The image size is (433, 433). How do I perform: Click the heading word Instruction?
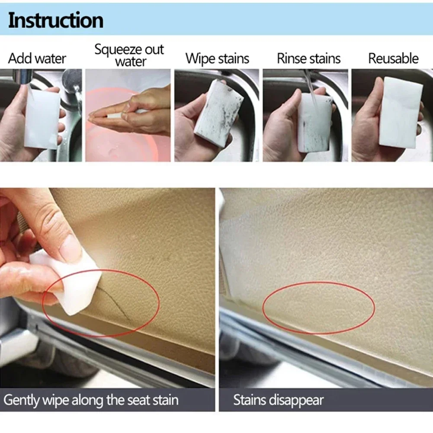click(56, 20)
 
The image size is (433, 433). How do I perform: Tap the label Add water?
click(37, 58)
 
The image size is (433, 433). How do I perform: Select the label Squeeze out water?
click(129, 55)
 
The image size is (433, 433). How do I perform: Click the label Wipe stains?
click(217, 58)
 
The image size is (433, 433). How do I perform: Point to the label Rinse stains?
click(308, 58)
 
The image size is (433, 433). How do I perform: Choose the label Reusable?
click(393, 58)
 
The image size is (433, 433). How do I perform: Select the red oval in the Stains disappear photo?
click(318, 308)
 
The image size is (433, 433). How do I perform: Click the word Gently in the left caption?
click(22, 400)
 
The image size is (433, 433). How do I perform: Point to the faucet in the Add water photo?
click(72, 84)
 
